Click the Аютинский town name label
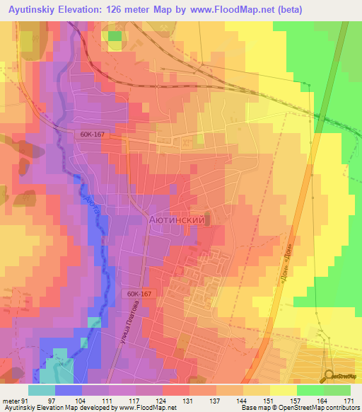point(177,220)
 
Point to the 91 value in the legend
point(23,401)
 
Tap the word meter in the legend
point(10,401)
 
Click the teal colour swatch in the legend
point(41,390)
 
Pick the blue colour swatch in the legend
point(68,390)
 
